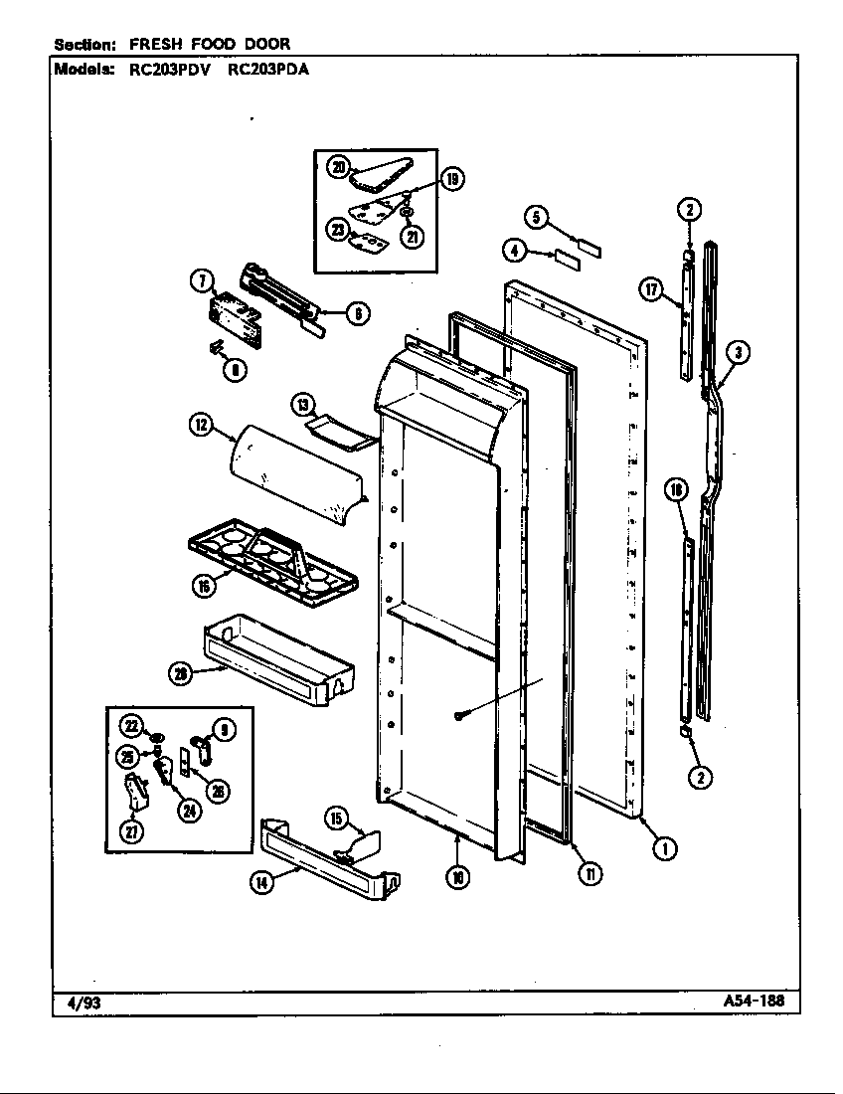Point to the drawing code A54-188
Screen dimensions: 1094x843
coord(755,1002)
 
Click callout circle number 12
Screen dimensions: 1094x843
coord(201,425)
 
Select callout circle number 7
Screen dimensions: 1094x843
coord(202,281)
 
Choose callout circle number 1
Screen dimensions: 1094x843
coord(664,848)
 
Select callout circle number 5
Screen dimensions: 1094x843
coord(536,216)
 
